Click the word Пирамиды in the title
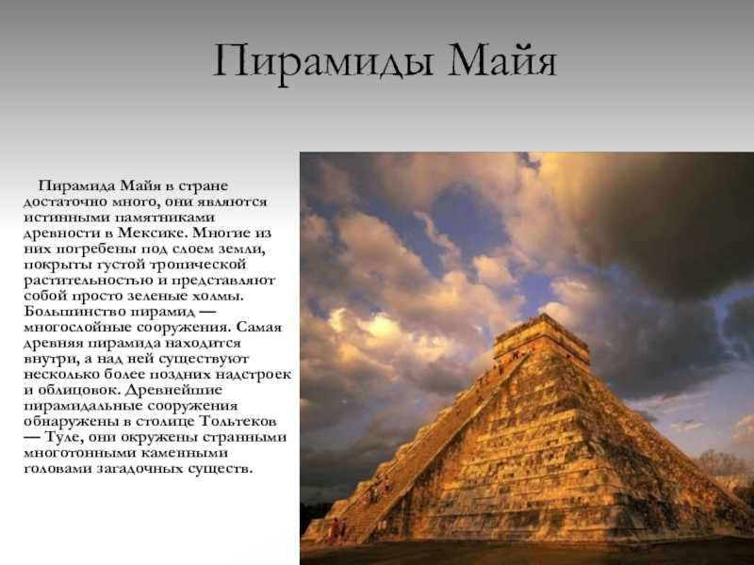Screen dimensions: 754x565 322,62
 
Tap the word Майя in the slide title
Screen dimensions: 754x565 502,60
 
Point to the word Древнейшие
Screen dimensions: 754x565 176,390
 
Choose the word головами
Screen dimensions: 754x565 57,469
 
